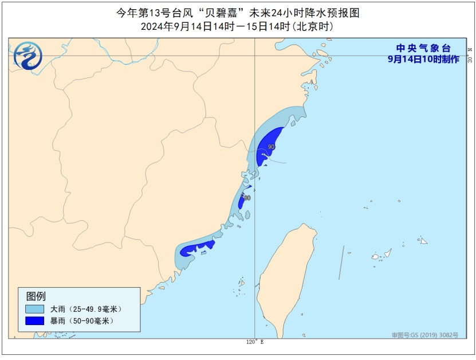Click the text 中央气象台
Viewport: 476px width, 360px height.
tap(423, 49)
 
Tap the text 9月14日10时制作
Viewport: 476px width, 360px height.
tap(423, 59)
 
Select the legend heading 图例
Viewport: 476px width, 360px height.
tap(36, 296)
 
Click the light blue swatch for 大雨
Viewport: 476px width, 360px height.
tap(34, 309)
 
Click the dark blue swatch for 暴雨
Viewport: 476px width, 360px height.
tap(34, 320)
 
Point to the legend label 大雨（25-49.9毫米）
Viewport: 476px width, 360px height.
tap(86, 309)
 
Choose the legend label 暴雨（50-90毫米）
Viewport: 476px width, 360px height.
tap(82, 320)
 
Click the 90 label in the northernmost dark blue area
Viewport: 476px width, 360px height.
tap(272, 147)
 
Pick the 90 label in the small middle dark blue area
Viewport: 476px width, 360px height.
tap(246, 198)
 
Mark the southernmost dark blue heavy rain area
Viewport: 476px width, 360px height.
tap(198, 249)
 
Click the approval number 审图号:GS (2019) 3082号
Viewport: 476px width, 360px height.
tap(424, 335)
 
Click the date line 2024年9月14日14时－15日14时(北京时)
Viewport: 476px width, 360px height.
tap(237, 26)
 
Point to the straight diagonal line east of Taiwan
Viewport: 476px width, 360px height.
tap(341, 263)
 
